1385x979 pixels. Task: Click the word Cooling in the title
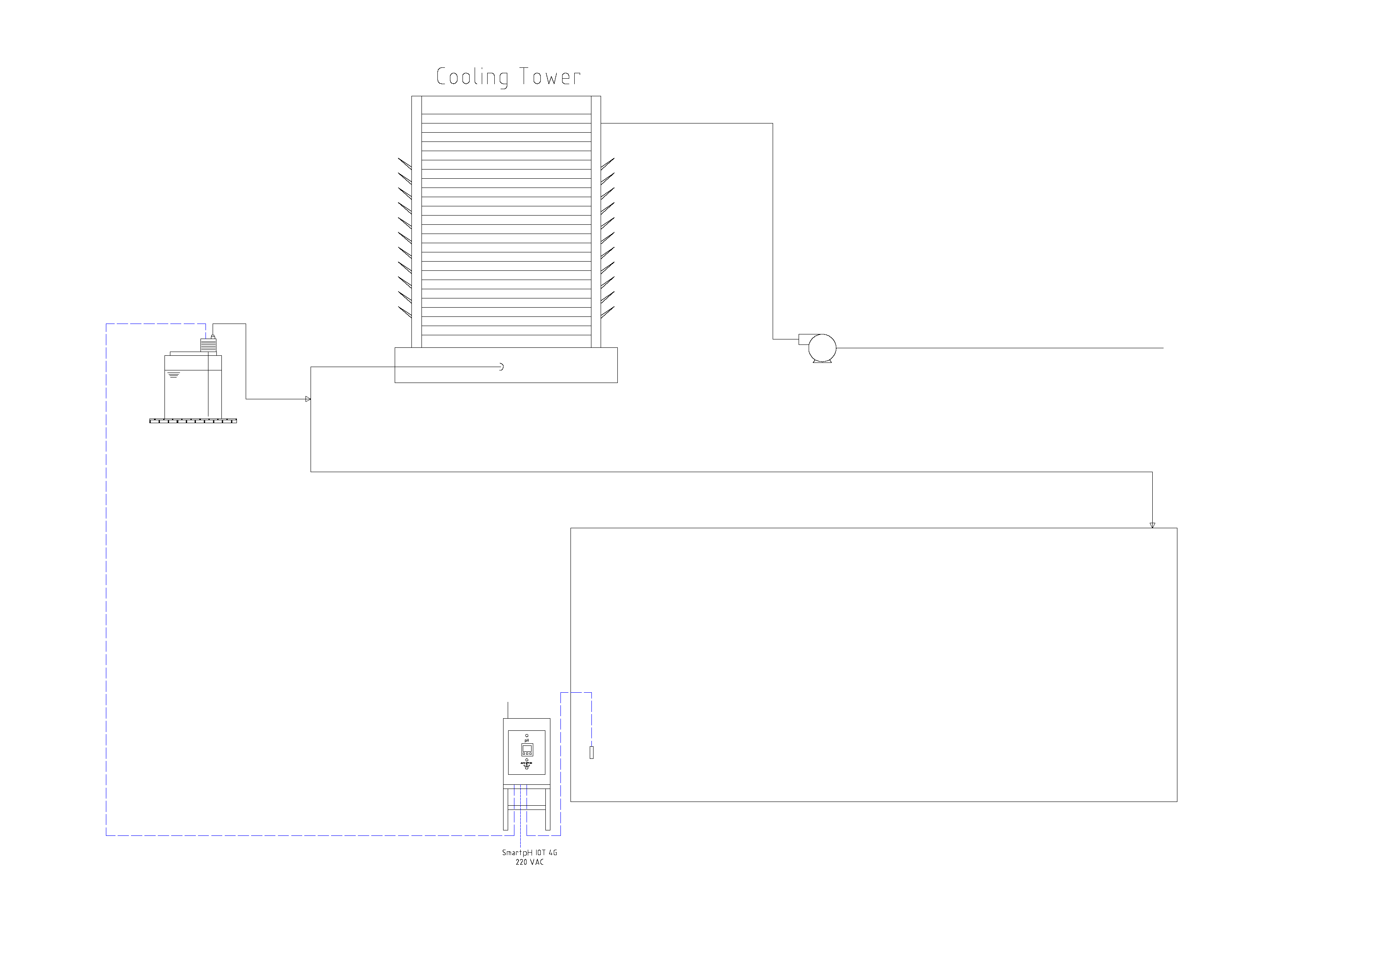(472, 77)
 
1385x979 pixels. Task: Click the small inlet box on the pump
(804, 339)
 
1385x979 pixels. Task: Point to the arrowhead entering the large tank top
(1152, 525)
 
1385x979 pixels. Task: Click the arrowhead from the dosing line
(308, 399)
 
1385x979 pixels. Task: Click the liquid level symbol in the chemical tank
(174, 375)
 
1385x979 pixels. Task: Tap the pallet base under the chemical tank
(193, 420)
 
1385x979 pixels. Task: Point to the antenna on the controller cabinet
(508, 710)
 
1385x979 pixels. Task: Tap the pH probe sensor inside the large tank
(591, 752)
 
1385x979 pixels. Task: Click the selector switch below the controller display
(527, 764)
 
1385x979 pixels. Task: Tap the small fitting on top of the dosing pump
(213, 336)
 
